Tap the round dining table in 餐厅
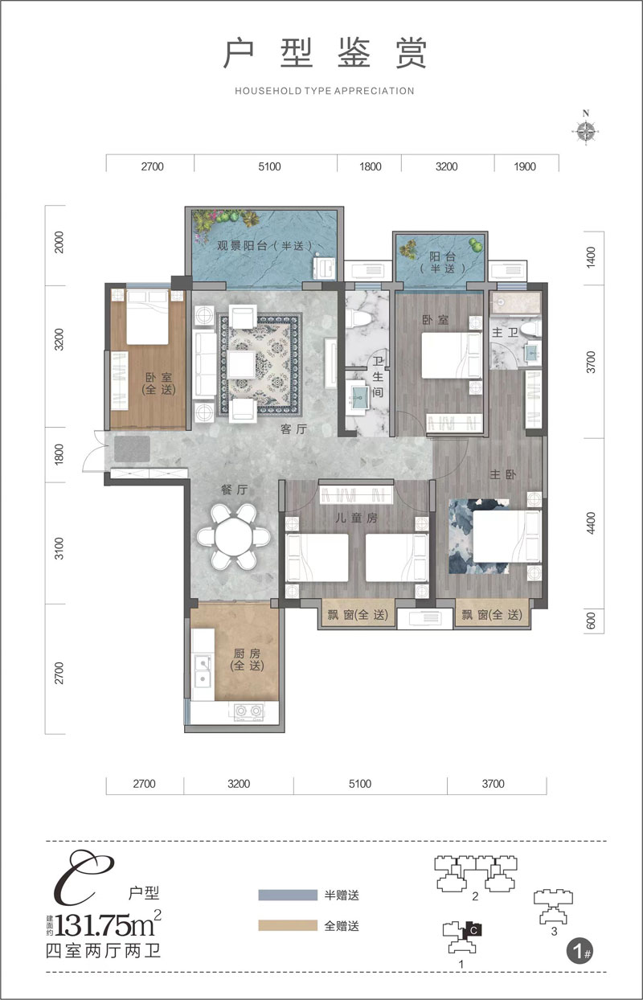tap(233, 537)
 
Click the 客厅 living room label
tap(293, 429)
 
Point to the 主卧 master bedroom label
tap(502, 474)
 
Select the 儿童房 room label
tap(356, 518)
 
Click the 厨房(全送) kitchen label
tap(247, 659)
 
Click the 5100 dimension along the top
tap(269, 166)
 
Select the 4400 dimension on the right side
tap(591, 523)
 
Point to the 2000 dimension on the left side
tap(59, 243)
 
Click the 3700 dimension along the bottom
tap(493, 784)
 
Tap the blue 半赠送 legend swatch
tap(288, 895)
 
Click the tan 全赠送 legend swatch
tap(288, 925)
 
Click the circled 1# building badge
tap(580, 953)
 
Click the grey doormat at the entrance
tap(132, 449)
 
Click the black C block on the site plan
tap(473, 930)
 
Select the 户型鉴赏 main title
tap(325, 54)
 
